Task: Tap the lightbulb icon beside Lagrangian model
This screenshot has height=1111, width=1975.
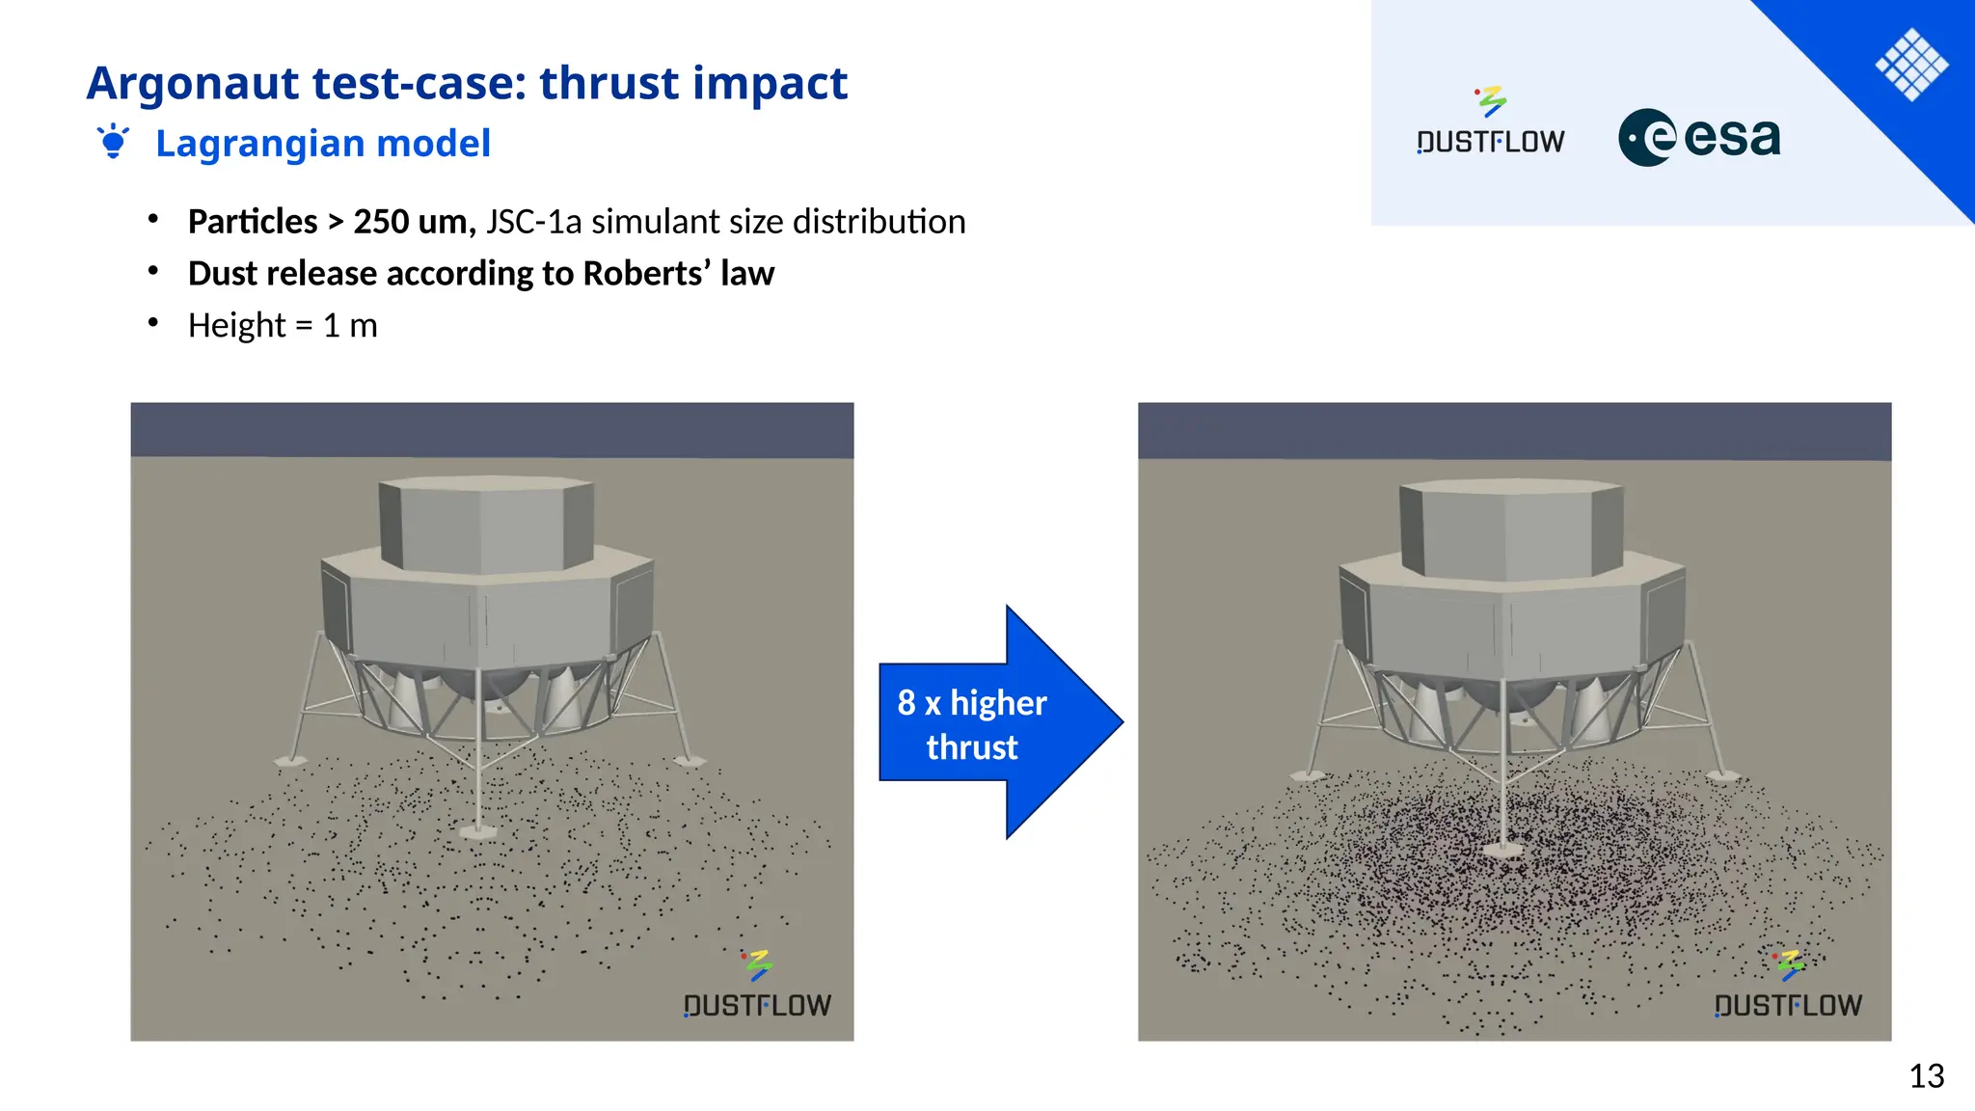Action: [113, 142]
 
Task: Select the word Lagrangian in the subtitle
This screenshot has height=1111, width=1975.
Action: [259, 144]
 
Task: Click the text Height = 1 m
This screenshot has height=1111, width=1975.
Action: [283, 326]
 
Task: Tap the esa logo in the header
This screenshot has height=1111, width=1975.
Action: [1699, 138]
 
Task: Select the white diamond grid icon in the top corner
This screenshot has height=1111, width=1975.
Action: [1911, 66]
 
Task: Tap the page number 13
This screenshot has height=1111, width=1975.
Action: [1926, 1076]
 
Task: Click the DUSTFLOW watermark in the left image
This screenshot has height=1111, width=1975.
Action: [757, 993]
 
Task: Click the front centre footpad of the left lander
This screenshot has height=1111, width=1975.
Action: [478, 830]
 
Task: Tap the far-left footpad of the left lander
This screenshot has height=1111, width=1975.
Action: [289, 762]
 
